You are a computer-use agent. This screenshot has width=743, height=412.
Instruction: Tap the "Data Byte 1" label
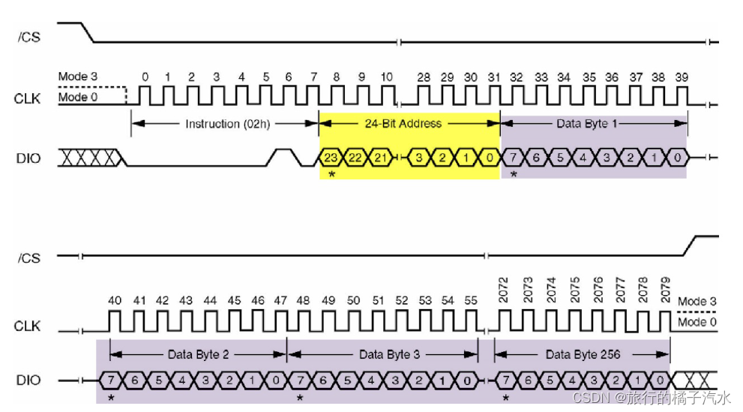tap(586, 123)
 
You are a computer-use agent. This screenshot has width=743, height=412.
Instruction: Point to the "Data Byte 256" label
tap(583, 354)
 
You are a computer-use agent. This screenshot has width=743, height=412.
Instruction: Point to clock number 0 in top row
tap(145, 77)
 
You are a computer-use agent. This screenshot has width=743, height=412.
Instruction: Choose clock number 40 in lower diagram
tap(115, 301)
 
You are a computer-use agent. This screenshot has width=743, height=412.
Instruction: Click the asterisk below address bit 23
tap(331, 174)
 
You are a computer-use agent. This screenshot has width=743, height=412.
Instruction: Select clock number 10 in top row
tap(386, 77)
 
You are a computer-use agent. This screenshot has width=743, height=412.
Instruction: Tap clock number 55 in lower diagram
tap(469, 301)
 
